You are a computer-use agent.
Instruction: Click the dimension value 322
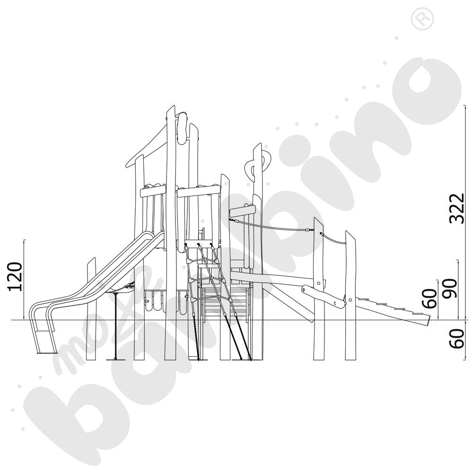456,209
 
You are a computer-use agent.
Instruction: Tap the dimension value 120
15,277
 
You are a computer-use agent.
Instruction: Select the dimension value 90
450,289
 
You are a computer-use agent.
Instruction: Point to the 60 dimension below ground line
457,339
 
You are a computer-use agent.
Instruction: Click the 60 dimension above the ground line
429,298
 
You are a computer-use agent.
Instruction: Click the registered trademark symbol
422,18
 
